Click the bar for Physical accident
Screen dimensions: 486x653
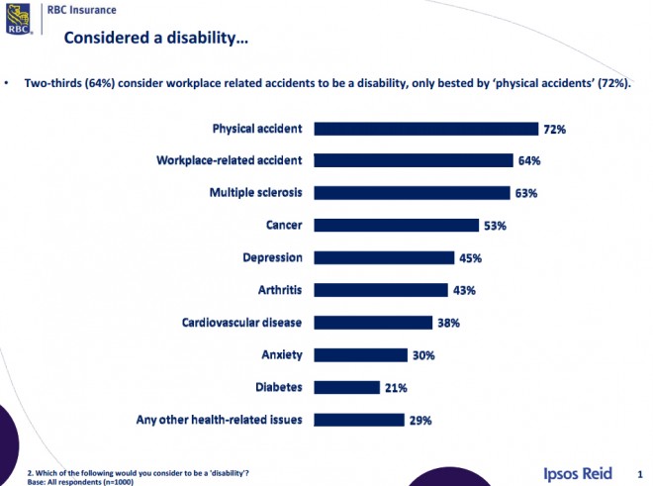(x=425, y=129)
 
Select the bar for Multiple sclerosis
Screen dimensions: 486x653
(x=414, y=193)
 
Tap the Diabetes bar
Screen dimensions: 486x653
(x=347, y=387)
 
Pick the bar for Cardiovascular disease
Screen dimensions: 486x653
(x=373, y=323)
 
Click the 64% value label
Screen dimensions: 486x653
(x=529, y=161)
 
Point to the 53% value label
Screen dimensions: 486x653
(x=496, y=226)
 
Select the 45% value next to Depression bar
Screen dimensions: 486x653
(x=470, y=258)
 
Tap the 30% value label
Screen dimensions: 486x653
(x=422, y=355)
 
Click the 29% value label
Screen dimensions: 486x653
(x=420, y=420)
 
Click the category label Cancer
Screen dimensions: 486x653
(x=283, y=226)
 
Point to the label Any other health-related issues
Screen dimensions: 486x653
(x=219, y=420)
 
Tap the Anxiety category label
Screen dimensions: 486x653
(x=281, y=354)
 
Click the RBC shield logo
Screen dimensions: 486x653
(x=18, y=19)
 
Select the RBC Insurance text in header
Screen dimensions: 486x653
(x=81, y=10)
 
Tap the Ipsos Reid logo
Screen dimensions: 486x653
(x=579, y=472)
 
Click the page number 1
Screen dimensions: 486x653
(x=640, y=473)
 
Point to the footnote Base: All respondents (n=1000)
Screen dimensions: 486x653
(x=80, y=481)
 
